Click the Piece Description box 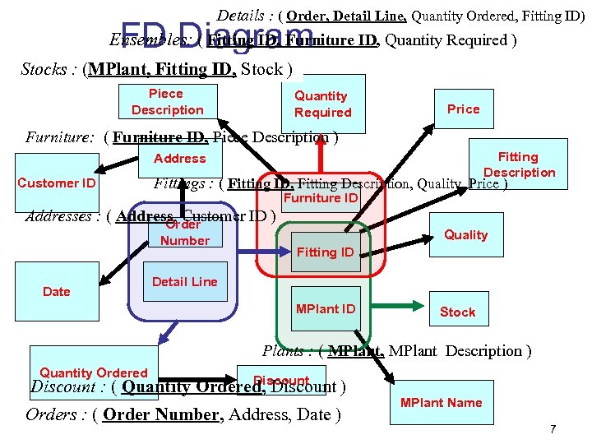tap(168, 102)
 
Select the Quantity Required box tap(322, 104)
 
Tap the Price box tap(463, 109)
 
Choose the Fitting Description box tap(519, 164)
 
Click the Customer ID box tap(57, 183)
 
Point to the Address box tap(179, 159)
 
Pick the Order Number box tap(185, 233)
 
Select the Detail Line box tap(185, 282)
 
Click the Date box tap(57, 292)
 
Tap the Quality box tap(466, 235)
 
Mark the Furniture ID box tap(321, 198)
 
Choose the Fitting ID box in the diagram tap(326, 252)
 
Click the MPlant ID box tap(326, 309)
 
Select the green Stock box tap(457, 312)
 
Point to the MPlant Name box tap(441, 402)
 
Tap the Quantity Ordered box tap(94, 373)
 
